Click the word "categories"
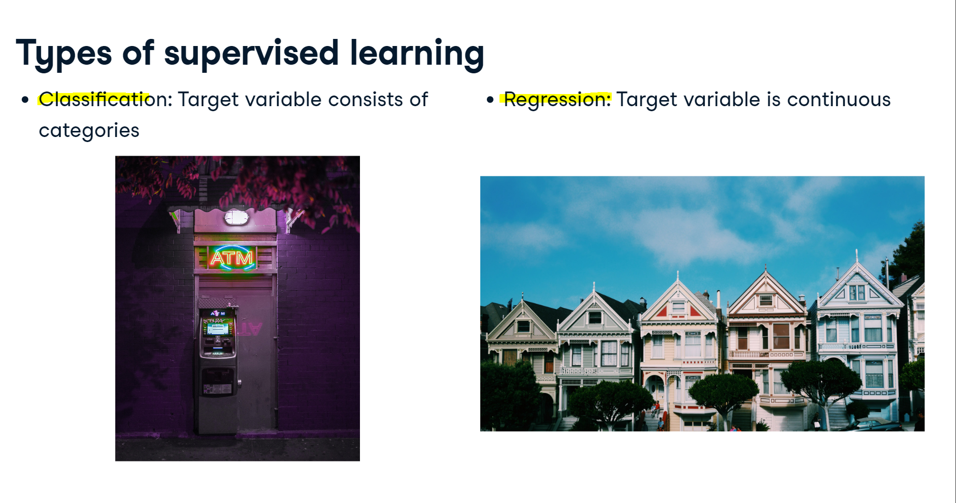89,130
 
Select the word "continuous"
839,100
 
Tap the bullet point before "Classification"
25,100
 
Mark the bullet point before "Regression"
490,100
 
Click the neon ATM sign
232,258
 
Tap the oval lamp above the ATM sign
236,218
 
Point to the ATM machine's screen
218,329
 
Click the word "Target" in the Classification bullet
208,100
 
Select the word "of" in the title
138,53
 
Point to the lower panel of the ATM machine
218,382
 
